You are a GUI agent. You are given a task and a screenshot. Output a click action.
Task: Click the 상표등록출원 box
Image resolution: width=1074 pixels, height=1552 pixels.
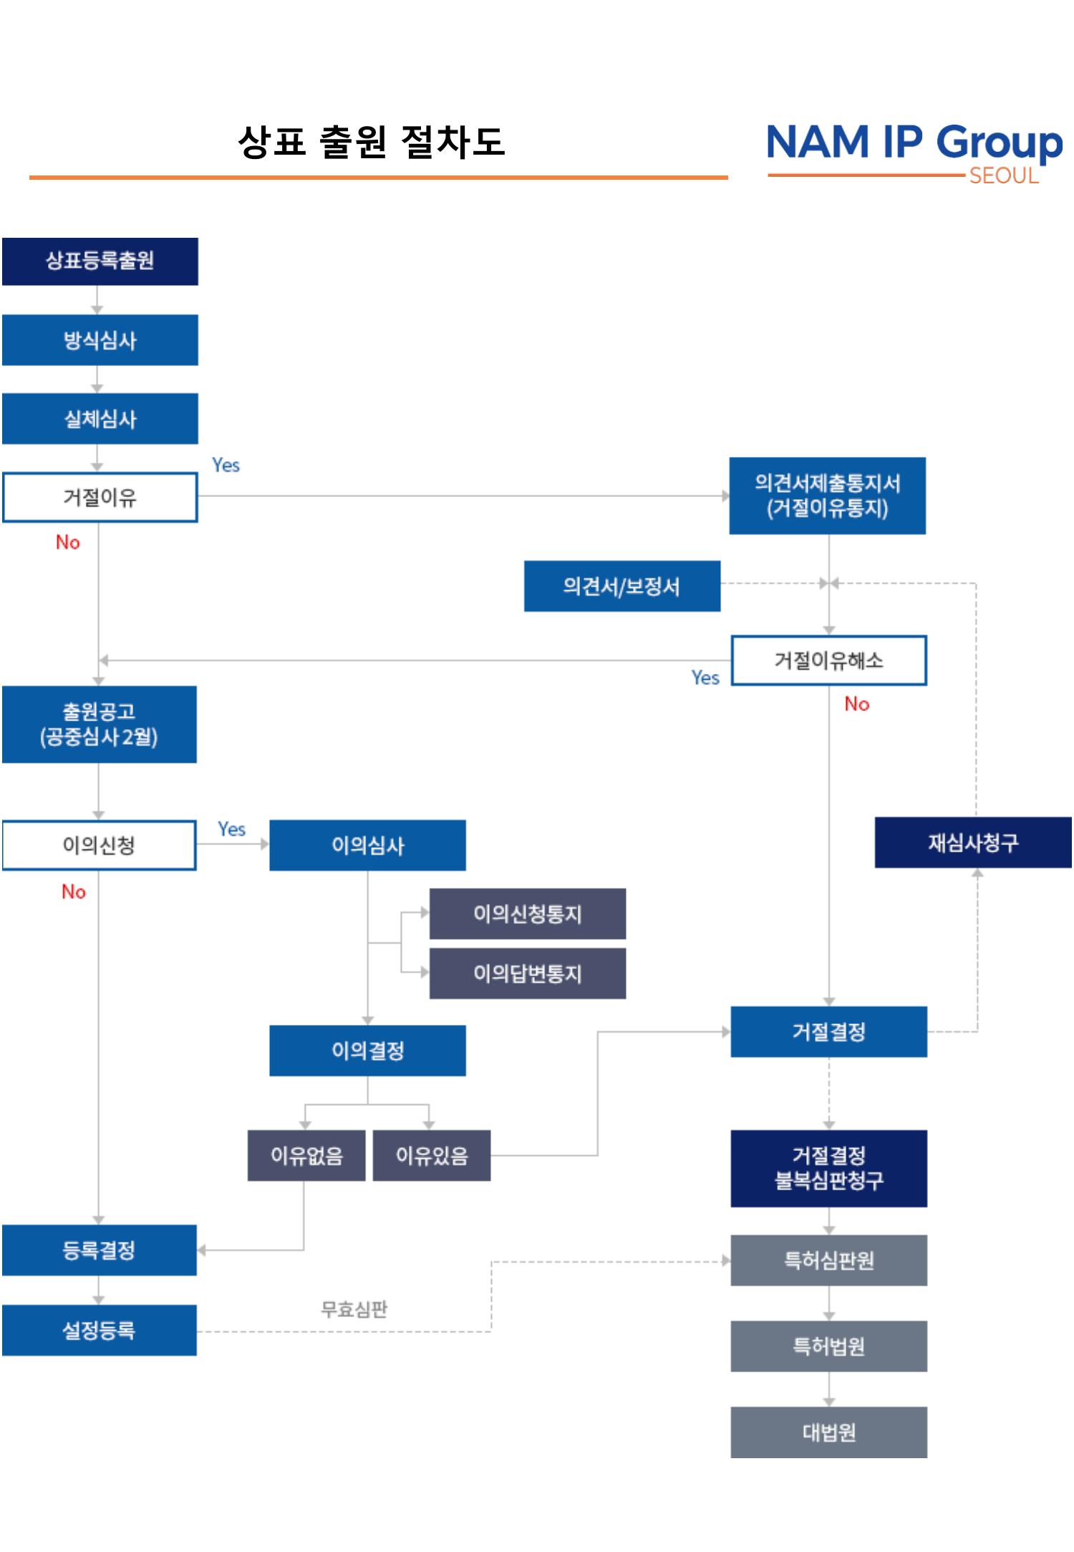pyautogui.click(x=100, y=261)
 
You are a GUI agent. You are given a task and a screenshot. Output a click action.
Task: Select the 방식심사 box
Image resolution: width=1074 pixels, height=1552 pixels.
pyautogui.click(x=100, y=340)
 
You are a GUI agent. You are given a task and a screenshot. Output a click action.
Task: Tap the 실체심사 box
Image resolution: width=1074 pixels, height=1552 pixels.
pyautogui.click(x=100, y=418)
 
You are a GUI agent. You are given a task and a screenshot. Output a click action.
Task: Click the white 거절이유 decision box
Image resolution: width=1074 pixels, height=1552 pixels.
pyautogui.click(x=100, y=497)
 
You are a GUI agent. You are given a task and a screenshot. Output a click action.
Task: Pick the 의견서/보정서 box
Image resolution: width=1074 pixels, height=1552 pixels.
pyautogui.click(x=621, y=586)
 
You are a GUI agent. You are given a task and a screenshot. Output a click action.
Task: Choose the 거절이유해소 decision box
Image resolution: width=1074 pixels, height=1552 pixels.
pyautogui.click(x=828, y=660)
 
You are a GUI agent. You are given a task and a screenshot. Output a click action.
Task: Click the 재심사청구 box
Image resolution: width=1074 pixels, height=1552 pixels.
pyautogui.click(x=972, y=842)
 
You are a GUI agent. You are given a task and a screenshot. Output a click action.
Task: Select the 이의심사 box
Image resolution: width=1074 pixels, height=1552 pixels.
pyautogui.click(x=367, y=845)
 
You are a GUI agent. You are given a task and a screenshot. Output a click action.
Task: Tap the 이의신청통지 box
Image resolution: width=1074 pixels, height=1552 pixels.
pyautogui.click(x=527, y=914)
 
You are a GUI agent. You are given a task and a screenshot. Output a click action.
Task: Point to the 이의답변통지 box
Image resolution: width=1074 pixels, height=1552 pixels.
pyautogui.click(x=527, y=973)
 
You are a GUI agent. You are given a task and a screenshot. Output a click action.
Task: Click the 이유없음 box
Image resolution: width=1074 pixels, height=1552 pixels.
pyautogui.click(x=306, y=1155)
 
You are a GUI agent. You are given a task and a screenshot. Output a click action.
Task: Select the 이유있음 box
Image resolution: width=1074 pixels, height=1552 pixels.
pyautogui.click(x=432, y=1155)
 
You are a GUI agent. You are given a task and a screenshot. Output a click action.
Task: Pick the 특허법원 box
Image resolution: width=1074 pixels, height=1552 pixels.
pyautogui.click(x=828, y=1346)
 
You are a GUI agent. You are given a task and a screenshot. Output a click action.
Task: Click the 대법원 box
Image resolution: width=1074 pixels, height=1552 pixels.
pyautogui.click(x=828, y=1432)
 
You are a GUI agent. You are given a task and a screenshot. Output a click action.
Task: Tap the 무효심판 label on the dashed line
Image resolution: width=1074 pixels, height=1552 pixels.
pyautogui.click(x=354, y=1309)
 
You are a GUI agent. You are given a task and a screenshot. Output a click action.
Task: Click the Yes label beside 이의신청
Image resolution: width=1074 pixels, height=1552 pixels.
pyautogui.click(x=231, y=829)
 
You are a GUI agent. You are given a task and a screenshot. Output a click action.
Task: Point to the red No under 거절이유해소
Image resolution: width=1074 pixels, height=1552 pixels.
pyautogui.click(x=856, y=704)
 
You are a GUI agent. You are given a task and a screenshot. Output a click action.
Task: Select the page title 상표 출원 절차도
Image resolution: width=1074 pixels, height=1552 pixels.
pyautogui.click(x=371, y=141)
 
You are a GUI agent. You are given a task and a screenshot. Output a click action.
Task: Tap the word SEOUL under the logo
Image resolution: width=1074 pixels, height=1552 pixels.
pyautogui.click(x=1003, y=176)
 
